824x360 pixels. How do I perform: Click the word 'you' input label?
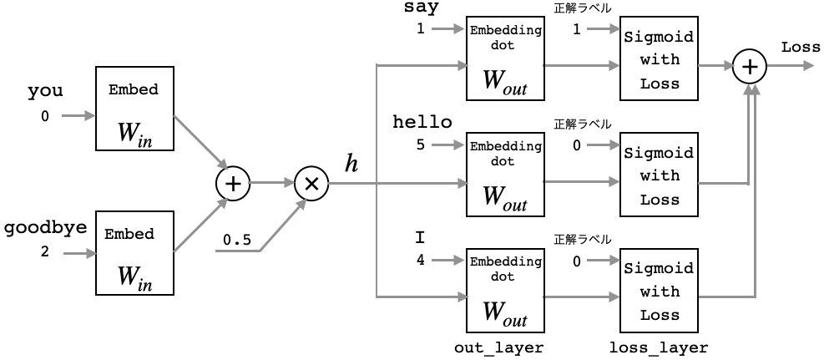45,91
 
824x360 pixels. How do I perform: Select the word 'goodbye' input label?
45,227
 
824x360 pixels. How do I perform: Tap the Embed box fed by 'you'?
134,109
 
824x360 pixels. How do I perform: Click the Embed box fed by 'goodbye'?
134,253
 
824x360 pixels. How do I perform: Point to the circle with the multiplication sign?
311,184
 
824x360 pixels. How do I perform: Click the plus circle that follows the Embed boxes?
233,184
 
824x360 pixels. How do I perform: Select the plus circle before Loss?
750,67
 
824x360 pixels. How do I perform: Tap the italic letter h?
351,164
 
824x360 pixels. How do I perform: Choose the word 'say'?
421,8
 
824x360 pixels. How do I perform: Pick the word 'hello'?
422,122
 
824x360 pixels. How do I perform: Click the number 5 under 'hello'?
421,144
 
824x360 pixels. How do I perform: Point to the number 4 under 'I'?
421,260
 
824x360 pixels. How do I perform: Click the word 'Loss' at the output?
801,48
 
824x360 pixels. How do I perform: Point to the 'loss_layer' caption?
660,347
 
